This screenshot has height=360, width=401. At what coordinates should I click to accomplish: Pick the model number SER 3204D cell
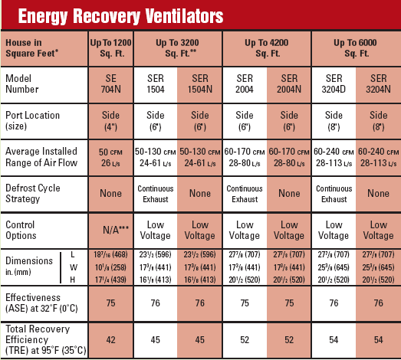click(334, 85)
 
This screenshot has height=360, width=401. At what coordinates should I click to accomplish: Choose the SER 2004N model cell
click(289, 85)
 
